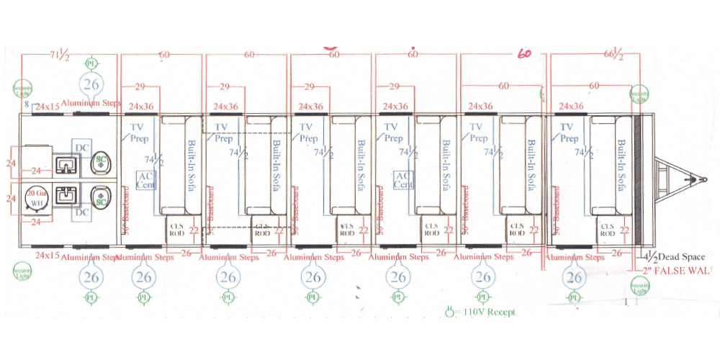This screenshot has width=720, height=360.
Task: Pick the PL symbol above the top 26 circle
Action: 91,63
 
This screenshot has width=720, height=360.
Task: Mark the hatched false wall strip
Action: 636,173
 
